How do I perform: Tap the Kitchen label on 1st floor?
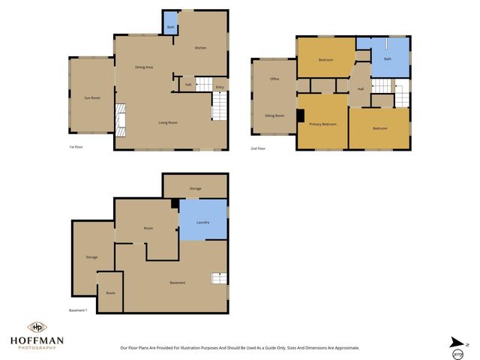tap(200, 48)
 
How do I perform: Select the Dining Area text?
tap(144, 67)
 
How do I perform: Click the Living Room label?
tap(167, 122)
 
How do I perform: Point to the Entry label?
tap(219, 88)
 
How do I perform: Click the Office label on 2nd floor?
tap(274, 79)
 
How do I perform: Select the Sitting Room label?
tap(274, 115)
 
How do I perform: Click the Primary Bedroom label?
tap(323, 124)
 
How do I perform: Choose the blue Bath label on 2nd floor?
tap(388, 58)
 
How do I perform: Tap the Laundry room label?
tap(202, 223)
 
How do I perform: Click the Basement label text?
tap(178, 283)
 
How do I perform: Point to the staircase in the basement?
tap(218, 278)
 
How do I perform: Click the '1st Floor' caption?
tap(76, 147)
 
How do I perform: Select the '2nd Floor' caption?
tap(258, 148)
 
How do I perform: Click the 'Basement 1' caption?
tap(78, 310)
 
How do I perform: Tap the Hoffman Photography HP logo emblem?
tap(36, 327)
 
